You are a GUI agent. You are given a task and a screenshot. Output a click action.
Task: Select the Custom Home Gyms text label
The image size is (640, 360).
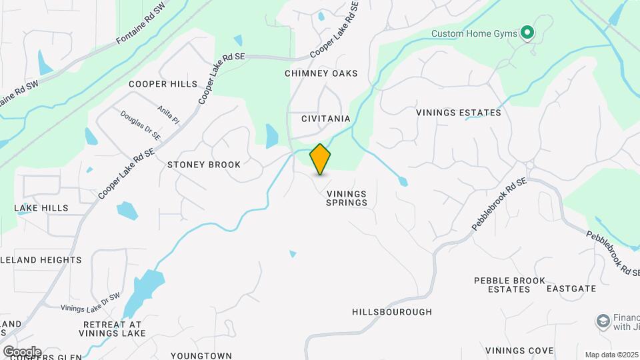pos(474,33)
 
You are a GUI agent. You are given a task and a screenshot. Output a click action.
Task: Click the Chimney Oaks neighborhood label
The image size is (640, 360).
pos(321,73)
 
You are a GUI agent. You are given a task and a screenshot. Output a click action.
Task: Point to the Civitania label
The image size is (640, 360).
pos(325,119)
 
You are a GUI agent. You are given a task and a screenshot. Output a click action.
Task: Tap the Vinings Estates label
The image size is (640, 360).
pos(459,113)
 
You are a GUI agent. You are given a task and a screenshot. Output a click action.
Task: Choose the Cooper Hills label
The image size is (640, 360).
pos(163,84)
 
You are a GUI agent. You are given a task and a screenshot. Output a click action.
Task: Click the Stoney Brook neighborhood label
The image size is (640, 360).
pos(204,164)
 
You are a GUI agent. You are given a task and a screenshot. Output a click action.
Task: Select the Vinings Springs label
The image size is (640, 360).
pos(347,198)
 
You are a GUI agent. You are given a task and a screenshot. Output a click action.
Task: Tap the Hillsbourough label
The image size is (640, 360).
pos(392,312)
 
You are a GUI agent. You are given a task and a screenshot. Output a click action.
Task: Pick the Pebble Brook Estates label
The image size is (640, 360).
pos(509,285)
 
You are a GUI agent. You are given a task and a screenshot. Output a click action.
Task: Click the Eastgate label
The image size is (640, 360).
pos(571,289)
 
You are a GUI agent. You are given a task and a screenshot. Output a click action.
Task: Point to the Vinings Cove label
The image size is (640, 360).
pos(519,351)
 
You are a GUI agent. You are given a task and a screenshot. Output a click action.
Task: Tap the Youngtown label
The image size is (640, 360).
pos(201,356)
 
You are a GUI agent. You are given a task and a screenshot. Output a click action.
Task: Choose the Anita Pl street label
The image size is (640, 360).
pos(169,115)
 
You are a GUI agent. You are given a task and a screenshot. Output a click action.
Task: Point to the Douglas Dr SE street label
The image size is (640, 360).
pos(141,125)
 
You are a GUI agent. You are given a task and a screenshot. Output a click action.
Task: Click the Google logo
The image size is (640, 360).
pos(22,352)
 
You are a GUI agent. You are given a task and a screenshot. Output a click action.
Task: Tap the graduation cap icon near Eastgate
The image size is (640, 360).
pos(603,322)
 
